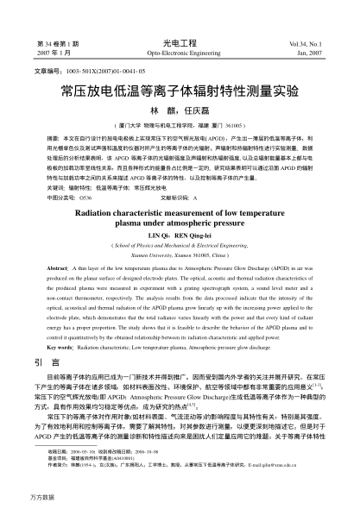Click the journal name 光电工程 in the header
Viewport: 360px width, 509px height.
(x=180, y=41)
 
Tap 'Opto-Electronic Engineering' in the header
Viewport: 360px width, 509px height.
(x=180, y=51)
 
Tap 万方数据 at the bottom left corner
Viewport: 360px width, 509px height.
(x=20, y=499)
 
